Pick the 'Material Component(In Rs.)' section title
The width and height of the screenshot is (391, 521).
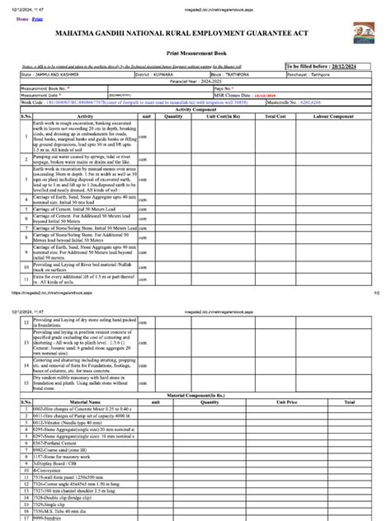[195, 397]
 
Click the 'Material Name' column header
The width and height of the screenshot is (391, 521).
[73, 403]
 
